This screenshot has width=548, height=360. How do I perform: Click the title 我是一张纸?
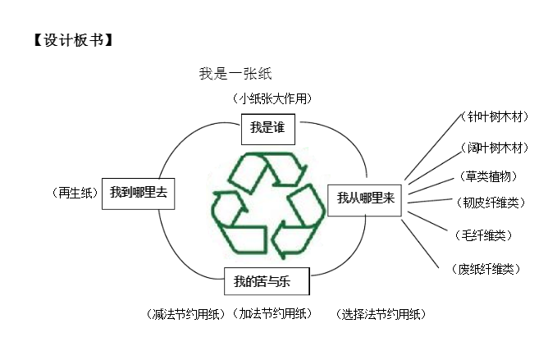(235, 73)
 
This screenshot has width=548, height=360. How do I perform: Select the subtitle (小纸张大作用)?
(273, 98)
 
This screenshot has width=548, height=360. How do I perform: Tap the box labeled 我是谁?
(267, 129)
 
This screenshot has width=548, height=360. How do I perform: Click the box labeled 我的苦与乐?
(267, 282)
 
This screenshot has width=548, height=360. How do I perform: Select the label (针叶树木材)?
(494, 116)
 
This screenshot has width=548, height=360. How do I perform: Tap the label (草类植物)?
(489, 175)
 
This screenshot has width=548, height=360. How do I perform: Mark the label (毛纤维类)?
(482, 235)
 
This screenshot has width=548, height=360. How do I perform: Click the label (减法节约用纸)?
(184, 313)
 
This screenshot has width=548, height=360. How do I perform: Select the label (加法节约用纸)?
(272, 313)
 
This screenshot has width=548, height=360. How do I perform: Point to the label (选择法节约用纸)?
(381, 313)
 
